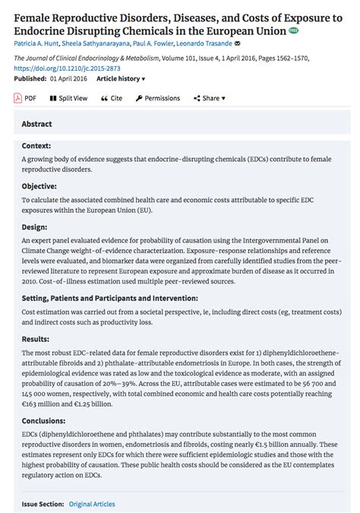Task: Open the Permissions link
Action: tap(158, 98)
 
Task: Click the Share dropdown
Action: tap(210, 98)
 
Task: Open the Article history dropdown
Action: tap(121, 78)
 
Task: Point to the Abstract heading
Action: tap(36, 124)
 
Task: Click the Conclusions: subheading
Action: tap(44, 420)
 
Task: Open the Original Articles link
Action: tap(92, 504)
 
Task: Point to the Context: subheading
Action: tap(36, 145)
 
